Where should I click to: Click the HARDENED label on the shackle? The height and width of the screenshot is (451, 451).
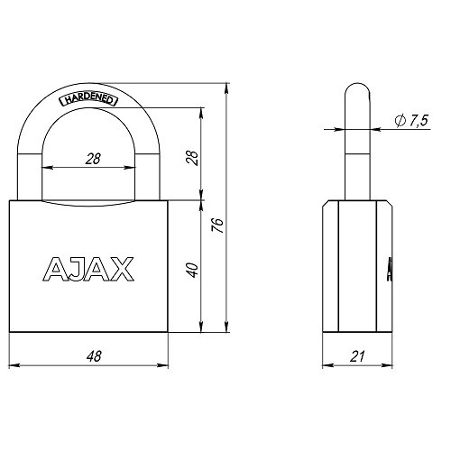(x=88, y=100)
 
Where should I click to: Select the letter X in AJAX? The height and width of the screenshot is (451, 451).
(x=122, y=268)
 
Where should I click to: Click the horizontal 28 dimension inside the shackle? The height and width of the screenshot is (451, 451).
(x=91, y=159)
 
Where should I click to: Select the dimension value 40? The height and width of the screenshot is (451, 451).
(x=190, y=268)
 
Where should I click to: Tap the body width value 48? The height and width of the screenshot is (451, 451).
(x=91, y=357)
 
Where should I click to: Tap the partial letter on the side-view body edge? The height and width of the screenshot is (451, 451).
(x=389, y=268)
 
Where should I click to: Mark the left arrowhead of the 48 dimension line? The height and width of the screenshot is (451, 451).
(x=14, y=365)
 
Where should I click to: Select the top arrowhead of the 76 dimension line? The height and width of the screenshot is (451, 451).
(x=225, y=83)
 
